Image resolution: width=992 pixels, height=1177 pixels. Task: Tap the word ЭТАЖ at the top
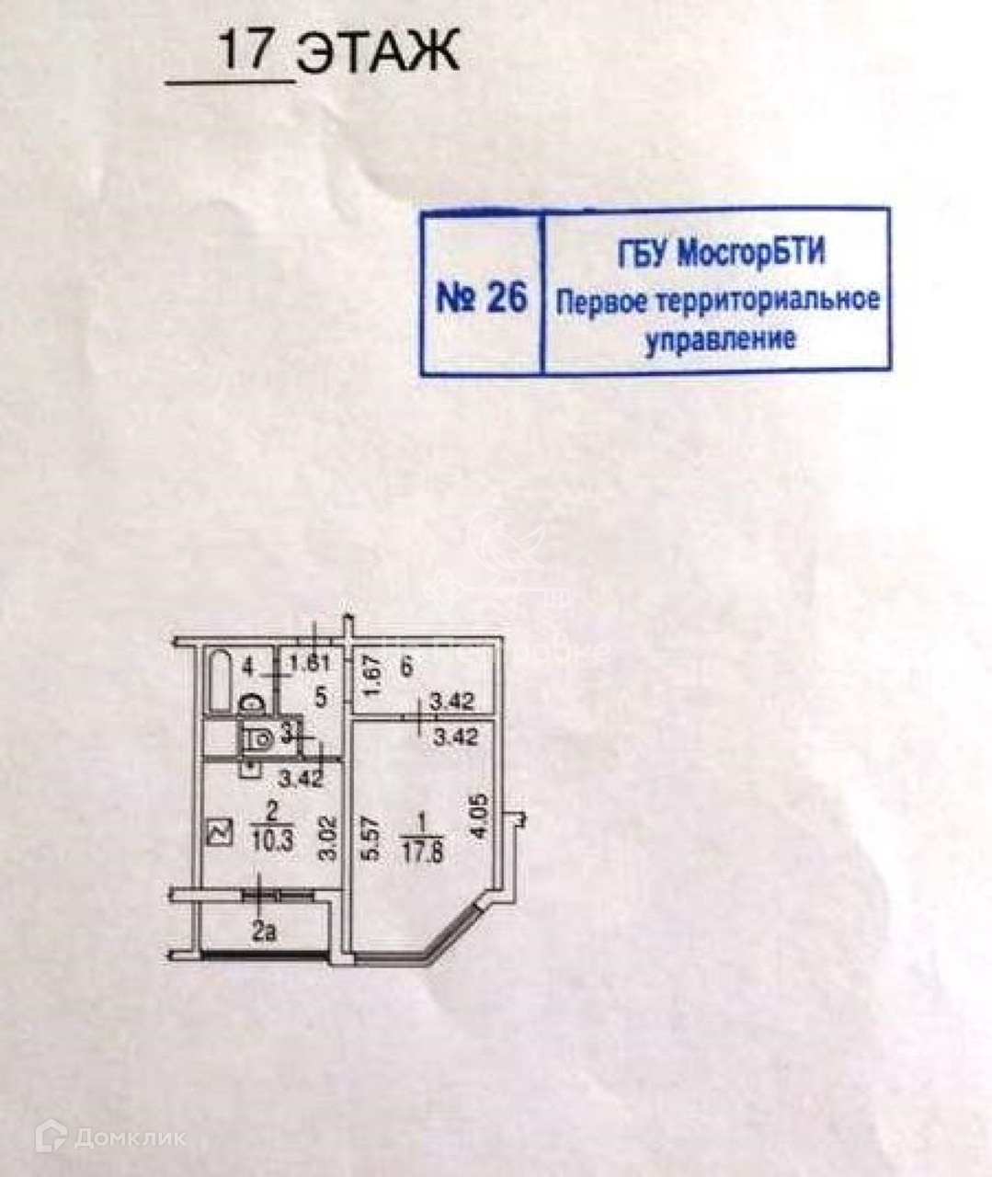tap(378, 52)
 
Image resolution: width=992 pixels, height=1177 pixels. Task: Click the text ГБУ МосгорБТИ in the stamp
tap(720, 253)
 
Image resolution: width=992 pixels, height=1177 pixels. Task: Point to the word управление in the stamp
tap(719, 340)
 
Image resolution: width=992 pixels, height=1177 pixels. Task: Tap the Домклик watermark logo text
tap(130, 1137)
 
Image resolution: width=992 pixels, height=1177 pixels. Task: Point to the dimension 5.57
tap(367, 837)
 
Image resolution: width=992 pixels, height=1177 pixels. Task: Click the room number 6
tap(406, 667)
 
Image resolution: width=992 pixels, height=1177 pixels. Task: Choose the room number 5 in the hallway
tap(321, 695)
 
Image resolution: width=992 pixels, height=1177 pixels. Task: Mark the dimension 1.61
tap(309, 664)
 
